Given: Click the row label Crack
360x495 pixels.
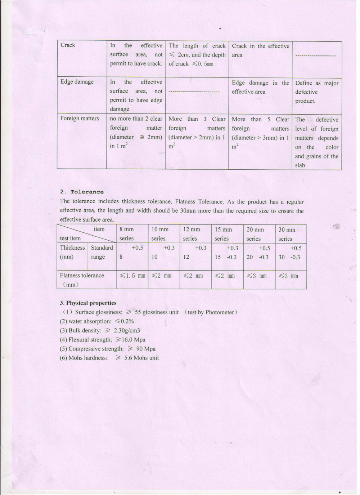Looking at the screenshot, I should [68, 45].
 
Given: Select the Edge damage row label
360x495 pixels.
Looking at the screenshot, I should [77, 82].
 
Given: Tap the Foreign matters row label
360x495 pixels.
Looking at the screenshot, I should [79, 119].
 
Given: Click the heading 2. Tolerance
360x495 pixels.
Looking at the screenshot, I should [82, 192].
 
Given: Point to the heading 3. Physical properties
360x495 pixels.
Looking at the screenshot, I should [88, 303].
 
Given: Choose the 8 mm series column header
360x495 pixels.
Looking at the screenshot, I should [127, 234].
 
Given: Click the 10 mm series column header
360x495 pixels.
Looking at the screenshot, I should [159, 234].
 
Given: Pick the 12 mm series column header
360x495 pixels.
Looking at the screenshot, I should [191, 234].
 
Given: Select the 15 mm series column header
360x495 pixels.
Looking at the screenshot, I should [223, 234].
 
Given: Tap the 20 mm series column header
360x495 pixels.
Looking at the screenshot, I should [255, 234].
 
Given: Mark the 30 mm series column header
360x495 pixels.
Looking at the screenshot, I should [287, 234].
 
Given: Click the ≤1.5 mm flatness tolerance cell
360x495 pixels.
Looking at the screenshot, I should [132, 276].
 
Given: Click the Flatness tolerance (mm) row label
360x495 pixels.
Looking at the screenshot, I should [82, 280].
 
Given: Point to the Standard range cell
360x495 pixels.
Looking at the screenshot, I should [102, 252].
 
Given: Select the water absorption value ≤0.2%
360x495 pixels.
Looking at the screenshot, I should [125, 321].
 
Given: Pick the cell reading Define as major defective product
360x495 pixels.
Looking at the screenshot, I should [316, 92].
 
